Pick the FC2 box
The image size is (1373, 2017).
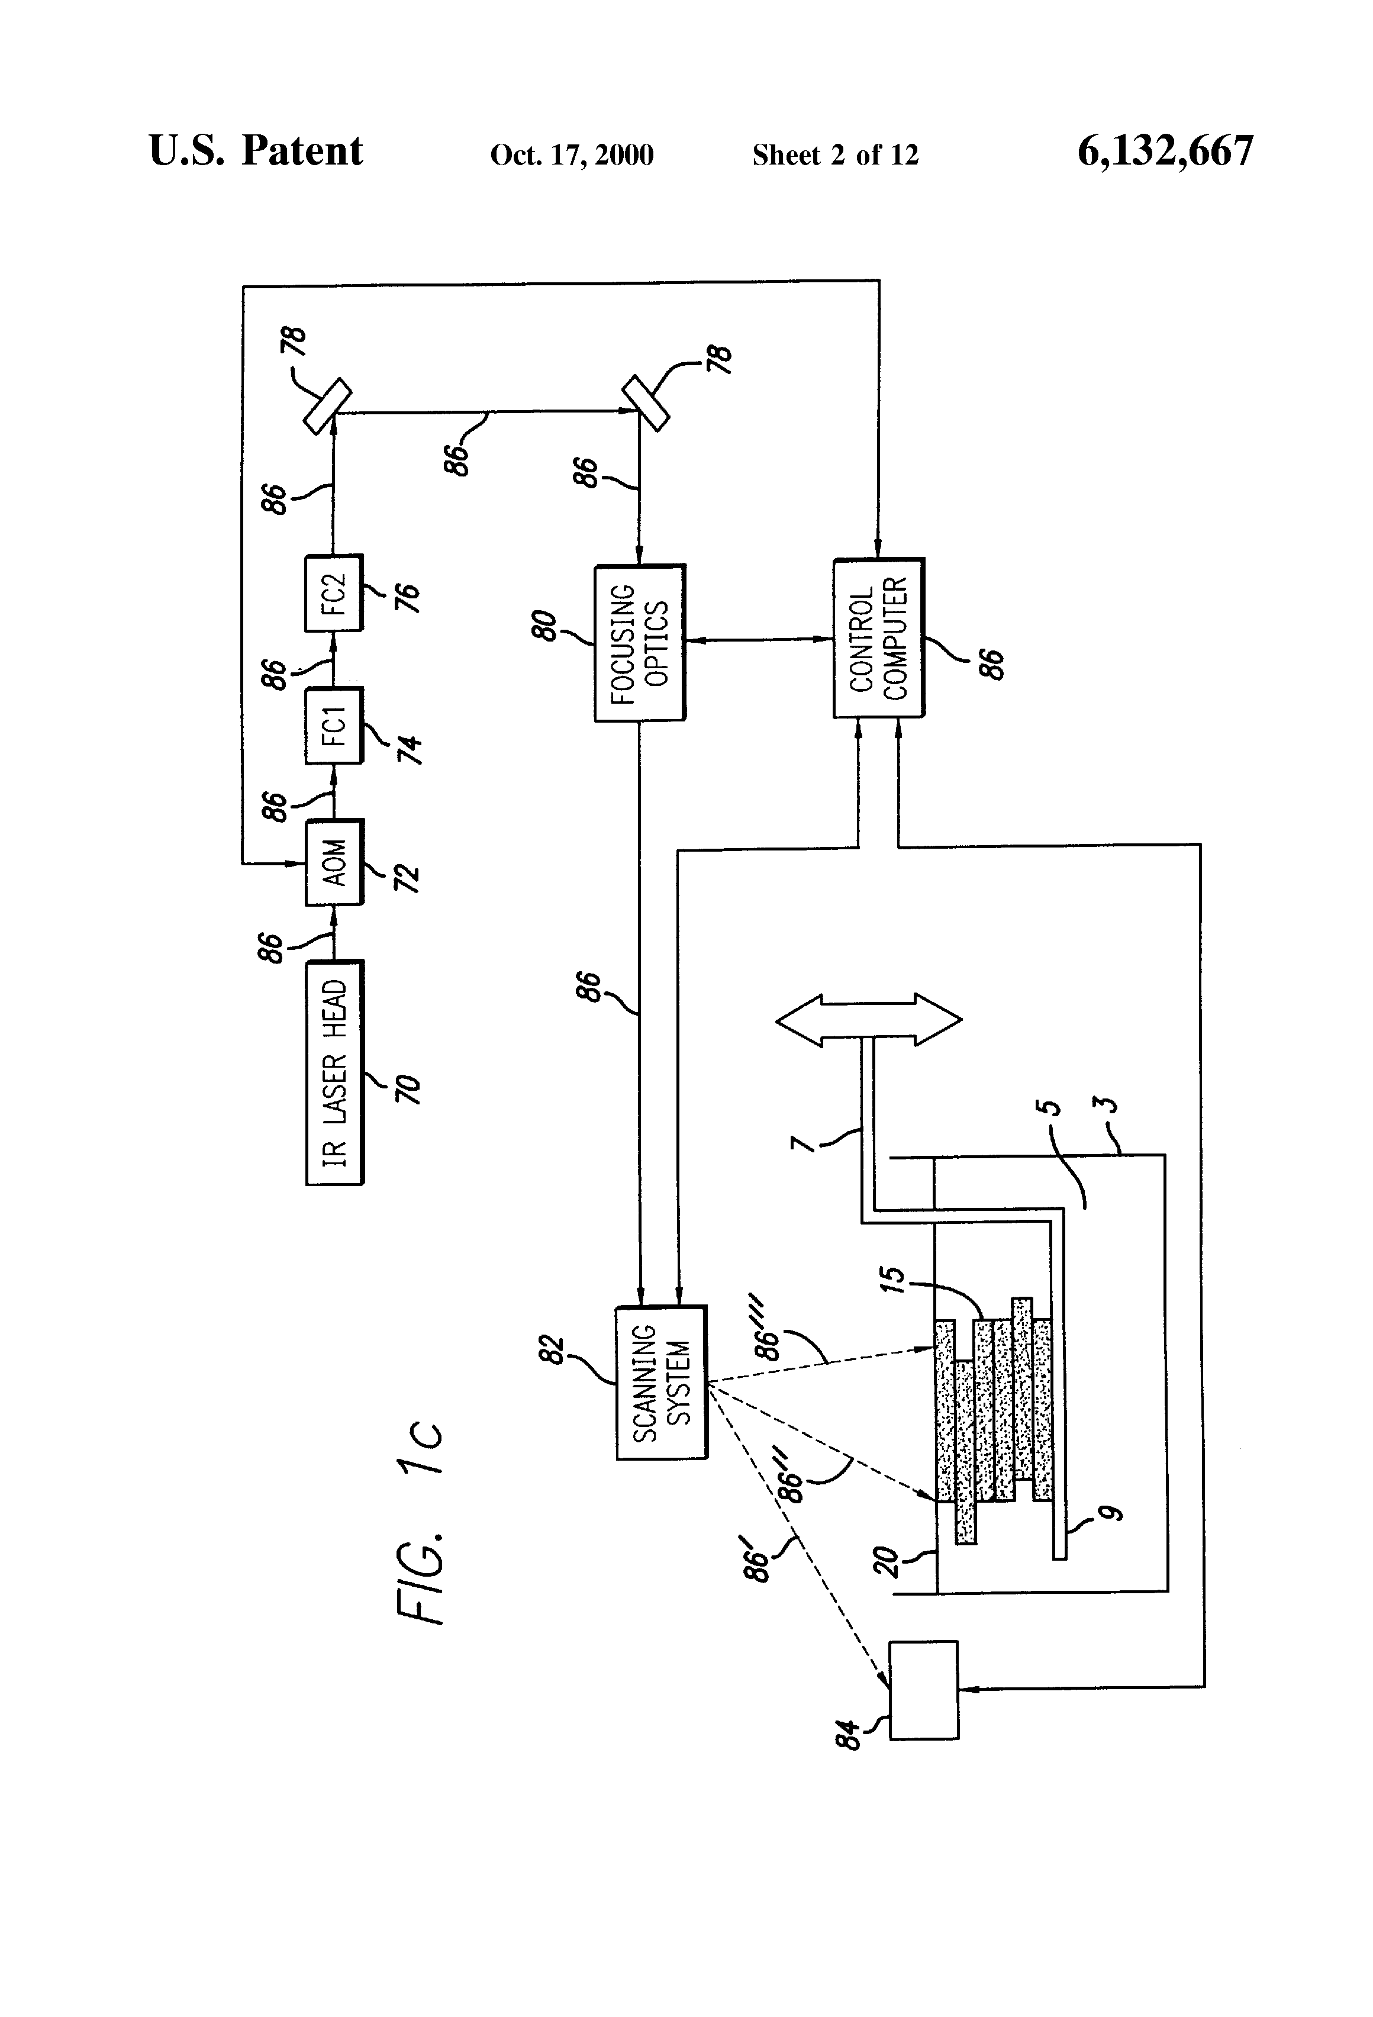pyautogui.click(x=334, y=593)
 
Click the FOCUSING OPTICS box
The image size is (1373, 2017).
pyautogui.click(x=640, y=642)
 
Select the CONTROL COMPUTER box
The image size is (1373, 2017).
pyautogui.click(x=878, y=638)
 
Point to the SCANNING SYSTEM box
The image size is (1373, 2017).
pyautogui.click(x=661, y=1383)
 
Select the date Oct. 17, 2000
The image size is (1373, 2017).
pyautogui.click(x=572, y=155)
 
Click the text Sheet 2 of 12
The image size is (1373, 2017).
pyautogui.click(x=835, y=155)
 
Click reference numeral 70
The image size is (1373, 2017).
pyautogui.click(x=407, y=1088)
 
